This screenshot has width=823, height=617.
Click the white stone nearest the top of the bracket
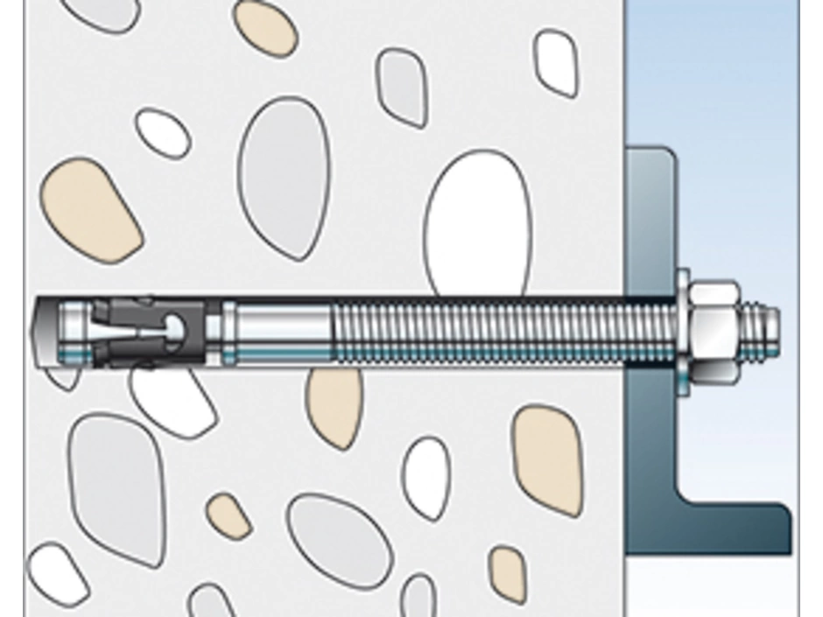pos(556,61)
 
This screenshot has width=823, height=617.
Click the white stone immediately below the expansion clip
pos(171,398)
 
